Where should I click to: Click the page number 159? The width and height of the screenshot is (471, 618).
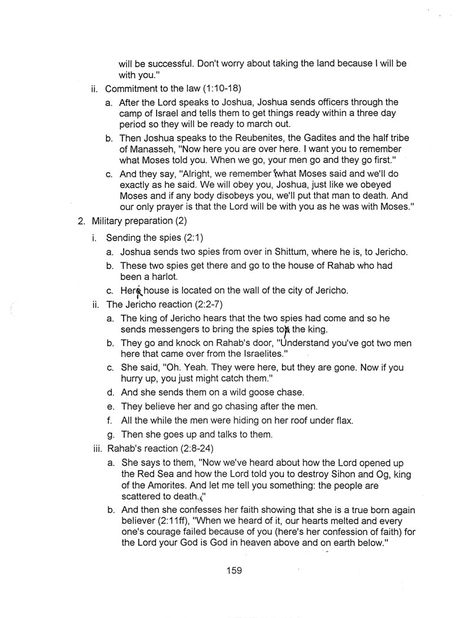[233, 570]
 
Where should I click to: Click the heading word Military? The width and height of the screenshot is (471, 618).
[110, 222]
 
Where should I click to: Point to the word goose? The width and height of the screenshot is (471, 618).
[246, 392]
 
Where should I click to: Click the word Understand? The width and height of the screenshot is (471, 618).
[308, 343]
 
